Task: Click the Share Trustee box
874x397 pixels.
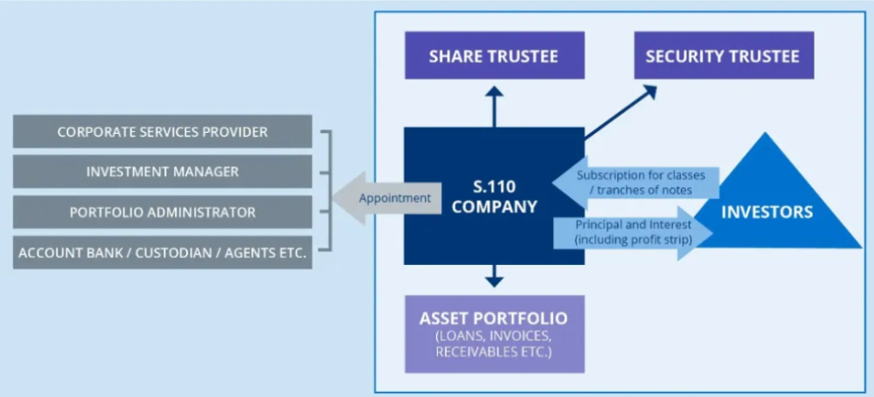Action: coord(494,57)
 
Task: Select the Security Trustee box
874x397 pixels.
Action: coord(723,57)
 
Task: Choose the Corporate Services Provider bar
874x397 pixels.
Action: coord(163,132)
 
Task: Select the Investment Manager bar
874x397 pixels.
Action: coord(163,172)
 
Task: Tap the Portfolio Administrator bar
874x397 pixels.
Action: coord(163,212)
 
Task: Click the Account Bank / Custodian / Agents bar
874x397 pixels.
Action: coord(163,253)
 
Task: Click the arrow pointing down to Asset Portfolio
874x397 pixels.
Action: coord(494,276)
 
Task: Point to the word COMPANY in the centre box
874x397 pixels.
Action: coord(494,207)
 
